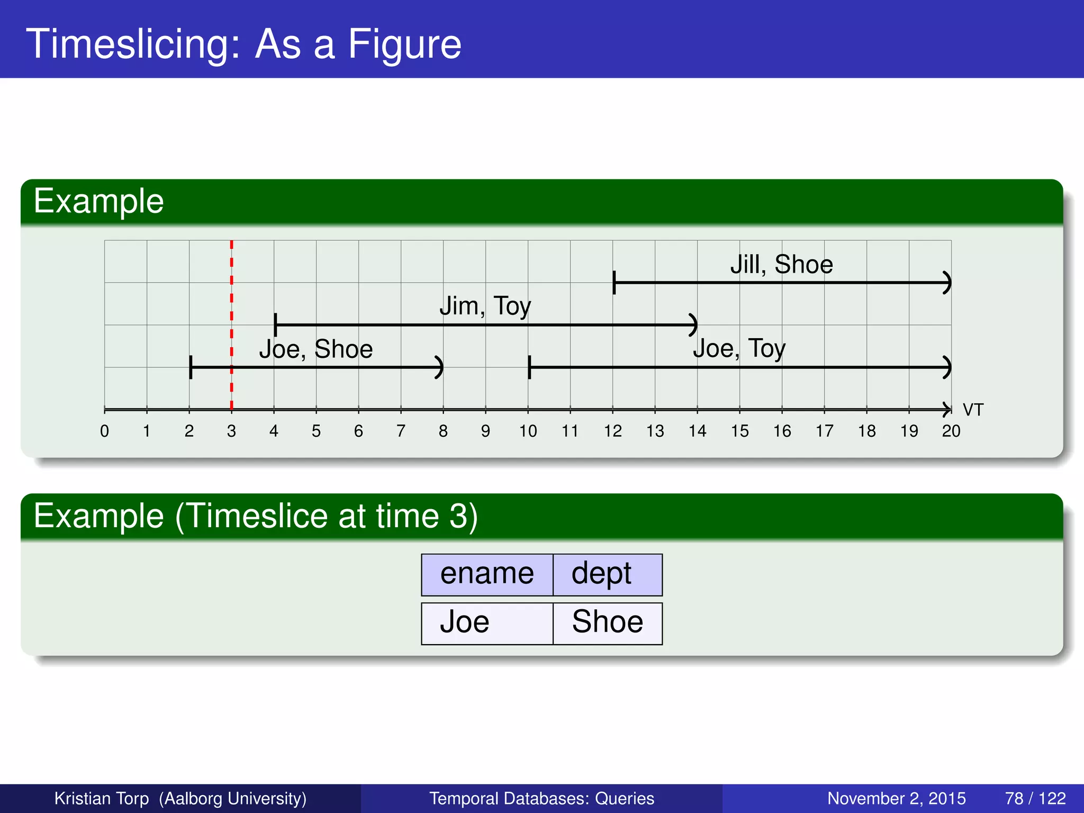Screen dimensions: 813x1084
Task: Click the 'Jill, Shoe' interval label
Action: [781, 264]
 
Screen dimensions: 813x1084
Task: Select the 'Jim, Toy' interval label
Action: [485, 306]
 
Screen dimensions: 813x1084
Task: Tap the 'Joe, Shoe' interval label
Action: [316, 349]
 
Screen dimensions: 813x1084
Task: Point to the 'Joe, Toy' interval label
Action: [739, 348]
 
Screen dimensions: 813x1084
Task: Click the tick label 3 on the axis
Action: [231, 431]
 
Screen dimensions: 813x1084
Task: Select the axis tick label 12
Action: [612, 431]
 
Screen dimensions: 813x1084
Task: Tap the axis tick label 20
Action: [951, 431]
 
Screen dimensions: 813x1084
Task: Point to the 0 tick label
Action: [105, 431]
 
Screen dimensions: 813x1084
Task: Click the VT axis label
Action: [973, 410]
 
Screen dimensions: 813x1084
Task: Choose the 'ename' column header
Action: [487, 574]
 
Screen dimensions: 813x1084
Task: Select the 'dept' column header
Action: [601, 574]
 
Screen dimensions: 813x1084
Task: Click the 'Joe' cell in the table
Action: [465, 622]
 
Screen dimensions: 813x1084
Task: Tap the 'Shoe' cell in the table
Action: [607, 622]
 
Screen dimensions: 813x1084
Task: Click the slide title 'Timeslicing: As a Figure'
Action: [243, 43]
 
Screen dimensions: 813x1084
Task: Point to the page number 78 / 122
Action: [1035, 798]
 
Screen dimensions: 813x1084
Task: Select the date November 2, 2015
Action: [896, 798]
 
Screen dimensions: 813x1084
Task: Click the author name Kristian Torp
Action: [102, 798]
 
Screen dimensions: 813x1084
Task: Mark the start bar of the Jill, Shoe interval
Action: [614, 282]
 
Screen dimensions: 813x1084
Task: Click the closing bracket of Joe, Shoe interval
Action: [439, 367]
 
